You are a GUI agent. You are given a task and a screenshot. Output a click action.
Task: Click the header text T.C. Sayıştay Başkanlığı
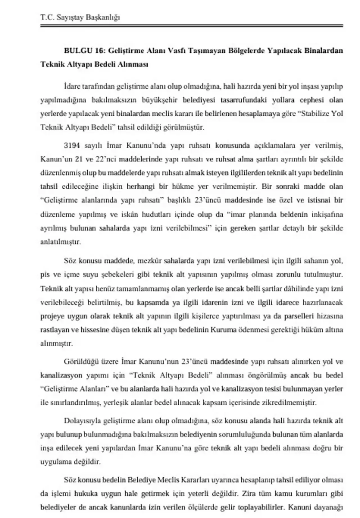(x=80, y=17)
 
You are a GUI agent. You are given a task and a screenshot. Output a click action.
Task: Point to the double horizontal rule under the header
(x=192, y=26)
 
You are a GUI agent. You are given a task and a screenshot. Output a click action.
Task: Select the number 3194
(x=72, y=146)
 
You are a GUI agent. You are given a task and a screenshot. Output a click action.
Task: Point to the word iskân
(x=130, y=214)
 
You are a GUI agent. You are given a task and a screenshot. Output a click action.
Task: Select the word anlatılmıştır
(x=60, y=242)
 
